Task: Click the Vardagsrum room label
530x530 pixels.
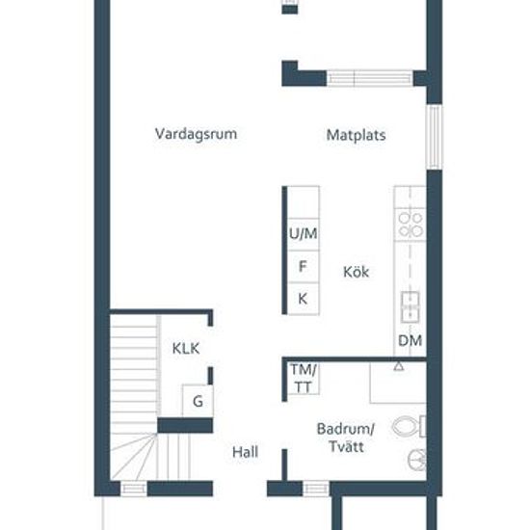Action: [x=196, y=135]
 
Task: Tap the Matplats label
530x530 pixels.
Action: [x=356, y=135]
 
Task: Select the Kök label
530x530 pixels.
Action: [x=356, y=272]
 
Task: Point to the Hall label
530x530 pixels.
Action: [x=245, y=452]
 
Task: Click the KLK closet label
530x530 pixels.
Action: [x=186, y=349]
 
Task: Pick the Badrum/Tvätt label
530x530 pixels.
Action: [x=346, y=437]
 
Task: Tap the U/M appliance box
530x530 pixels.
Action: [x=304, y=234]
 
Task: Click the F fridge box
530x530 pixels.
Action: [x=304, y=266]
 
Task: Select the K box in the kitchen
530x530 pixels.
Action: [x=304, y=299]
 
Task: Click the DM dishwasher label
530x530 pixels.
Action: [x=410, y=341]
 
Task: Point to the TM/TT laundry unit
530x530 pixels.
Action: [x=304, y=379]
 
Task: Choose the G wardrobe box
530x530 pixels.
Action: [x=198, y=401]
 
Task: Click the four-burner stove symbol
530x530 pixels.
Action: [x=411, y=225]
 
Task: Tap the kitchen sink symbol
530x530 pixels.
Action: [x=411, y=306]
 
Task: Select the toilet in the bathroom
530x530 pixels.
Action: [x=409, y=427]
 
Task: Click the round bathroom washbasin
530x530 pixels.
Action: [x=417, y=460]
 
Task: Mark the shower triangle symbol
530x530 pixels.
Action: [x=399, y=366]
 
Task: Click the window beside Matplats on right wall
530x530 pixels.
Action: [x=435, y=137]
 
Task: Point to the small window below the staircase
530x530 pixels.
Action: [x=134, y=489]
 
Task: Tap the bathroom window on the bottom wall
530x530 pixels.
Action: [x=316, y=489]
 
